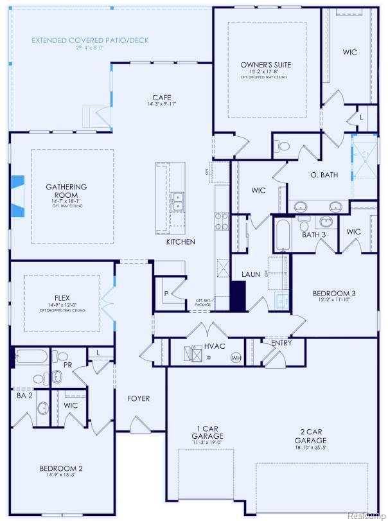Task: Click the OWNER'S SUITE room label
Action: pyautogui.click(x=266, y=65)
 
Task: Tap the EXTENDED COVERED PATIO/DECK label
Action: pyautogui.click(x=90, y=40)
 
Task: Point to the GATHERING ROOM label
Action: pyautogui.click(x=66, y=191)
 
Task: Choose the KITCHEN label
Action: pyautogui.click(x=181, y=242)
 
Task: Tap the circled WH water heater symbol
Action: pyautogui.click(x=236, y=357)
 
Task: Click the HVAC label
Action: pyautogui.click(x=214, y=346)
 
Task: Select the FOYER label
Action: pyautogui.click(x=138, y=398)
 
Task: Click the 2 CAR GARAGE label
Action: pyautogui.click(x=310, y=436)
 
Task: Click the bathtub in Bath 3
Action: pyautogui.click(x=282, y=234)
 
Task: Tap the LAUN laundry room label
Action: pyautogui.click(x=251, y=274)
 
